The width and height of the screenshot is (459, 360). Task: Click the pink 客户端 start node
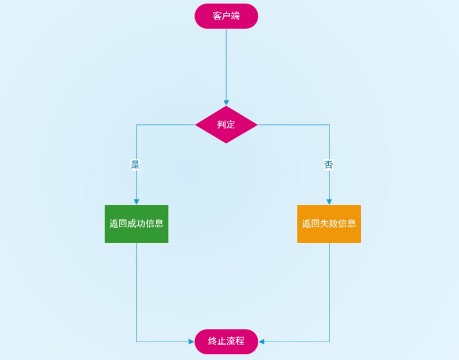226,16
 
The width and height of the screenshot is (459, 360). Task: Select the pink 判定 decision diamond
226,124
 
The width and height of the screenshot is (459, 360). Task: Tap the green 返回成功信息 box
137,224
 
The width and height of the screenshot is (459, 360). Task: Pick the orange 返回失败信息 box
329,224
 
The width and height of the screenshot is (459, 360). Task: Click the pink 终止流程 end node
226,341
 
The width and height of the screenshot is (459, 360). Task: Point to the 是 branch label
136,165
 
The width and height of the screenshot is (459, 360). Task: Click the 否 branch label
329,165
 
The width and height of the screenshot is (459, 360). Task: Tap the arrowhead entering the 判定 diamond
226,103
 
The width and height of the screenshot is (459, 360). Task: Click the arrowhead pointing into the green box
136,201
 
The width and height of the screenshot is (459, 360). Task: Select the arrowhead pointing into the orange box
329,201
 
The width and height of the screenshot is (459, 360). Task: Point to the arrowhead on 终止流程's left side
192,342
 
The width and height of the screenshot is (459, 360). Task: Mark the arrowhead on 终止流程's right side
261,342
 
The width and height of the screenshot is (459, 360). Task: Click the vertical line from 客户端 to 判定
226,63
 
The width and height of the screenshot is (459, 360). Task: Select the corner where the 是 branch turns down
136,124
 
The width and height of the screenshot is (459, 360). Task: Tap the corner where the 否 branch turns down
329,124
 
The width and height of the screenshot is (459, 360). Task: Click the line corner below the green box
136,342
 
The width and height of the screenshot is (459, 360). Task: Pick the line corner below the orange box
329,342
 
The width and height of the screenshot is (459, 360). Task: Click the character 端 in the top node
235,16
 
